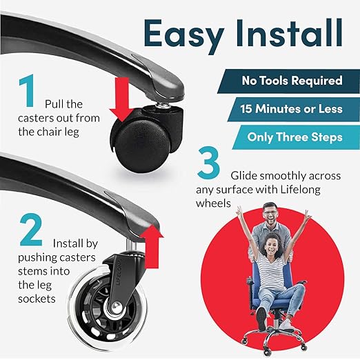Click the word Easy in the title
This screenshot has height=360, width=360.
[x=184, y=37]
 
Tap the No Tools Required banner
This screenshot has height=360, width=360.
[x=289, y=81]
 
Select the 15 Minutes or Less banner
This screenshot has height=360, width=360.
[x=294, y=110]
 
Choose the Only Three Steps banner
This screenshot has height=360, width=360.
[x=296, y=137]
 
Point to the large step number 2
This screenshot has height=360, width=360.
[x=30, y=230]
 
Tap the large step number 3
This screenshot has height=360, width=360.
[x=208, y=162]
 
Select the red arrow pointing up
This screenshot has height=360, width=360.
[x=152, y=246]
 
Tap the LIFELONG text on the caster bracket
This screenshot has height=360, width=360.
[x=119, y=272]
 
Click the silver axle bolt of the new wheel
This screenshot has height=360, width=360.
[x=117, y=306]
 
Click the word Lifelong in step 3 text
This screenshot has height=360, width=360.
[x=300, y=190]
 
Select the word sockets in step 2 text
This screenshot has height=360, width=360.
[x=37, y=299]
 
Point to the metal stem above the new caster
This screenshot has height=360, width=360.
[x=130, y=246]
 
